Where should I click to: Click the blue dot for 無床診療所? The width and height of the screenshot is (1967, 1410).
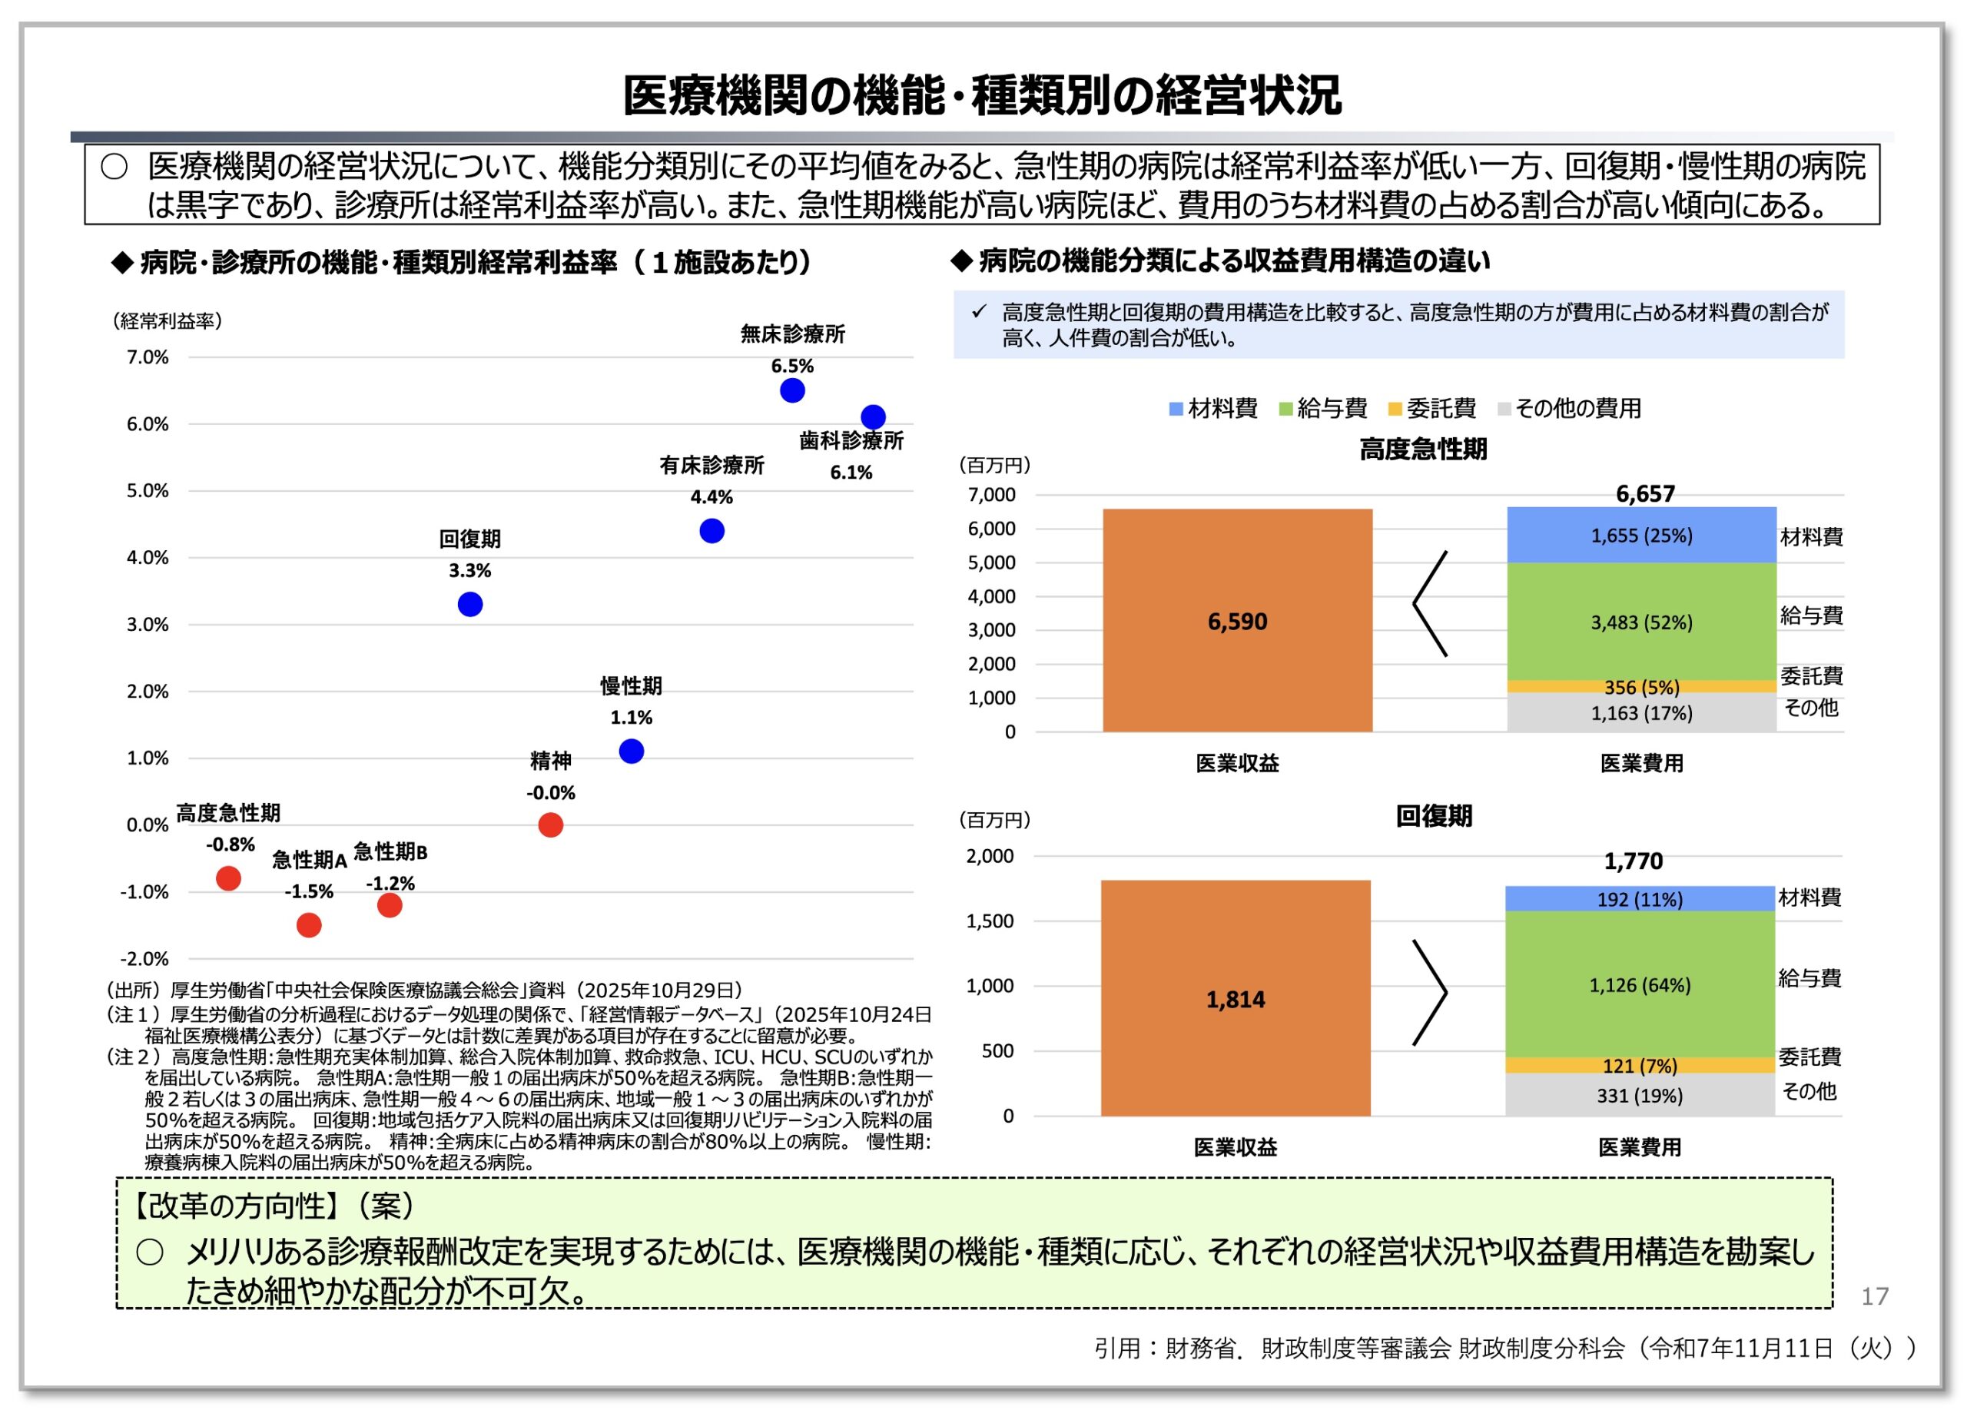click(x=792, y=390)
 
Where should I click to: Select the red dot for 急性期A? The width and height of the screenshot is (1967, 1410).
click(x=309, y=925)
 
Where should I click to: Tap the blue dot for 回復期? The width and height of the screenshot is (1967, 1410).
click(x=470, y=605)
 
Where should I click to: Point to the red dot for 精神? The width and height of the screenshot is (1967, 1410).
click(x=551, y=824)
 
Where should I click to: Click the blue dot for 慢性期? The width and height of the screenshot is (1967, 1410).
click(x=632, y=751)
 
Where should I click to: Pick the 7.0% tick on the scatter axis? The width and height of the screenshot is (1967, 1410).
click(x=148, y=357)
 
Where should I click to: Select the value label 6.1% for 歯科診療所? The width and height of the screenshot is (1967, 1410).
click(x=851, y=473)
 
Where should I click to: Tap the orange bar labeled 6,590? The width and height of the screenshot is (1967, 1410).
click(x=1237, y=621)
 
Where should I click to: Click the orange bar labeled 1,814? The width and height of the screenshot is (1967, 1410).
click(x=1235, y=999)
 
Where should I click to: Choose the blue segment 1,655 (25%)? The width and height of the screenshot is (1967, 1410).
click(x=1641, y=536)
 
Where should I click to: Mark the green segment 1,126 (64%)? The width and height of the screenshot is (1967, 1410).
click(x=1639, y=985)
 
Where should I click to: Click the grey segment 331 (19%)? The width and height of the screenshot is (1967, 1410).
click(x=1639, y=1095)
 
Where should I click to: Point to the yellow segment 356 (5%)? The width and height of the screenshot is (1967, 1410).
click(x=1641, y=687)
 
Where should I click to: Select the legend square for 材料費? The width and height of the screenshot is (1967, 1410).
click(x=1176, y=410)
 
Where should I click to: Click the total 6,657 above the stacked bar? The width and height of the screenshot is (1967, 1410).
click(x=1644, y=493)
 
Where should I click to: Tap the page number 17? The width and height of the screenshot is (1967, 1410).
click(x=1874, y=1296)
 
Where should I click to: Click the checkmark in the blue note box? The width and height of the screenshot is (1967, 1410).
click(x=979, y=311)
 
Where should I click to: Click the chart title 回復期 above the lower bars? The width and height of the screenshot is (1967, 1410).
click(x=1434, y=816)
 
